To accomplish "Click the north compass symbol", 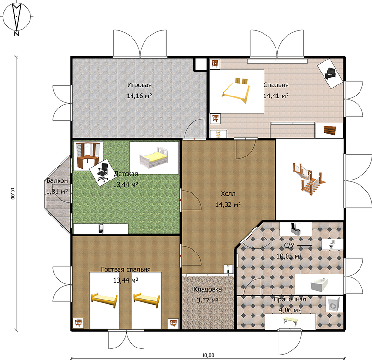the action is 17,18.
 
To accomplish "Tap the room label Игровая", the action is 139,84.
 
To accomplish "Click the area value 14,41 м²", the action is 276,96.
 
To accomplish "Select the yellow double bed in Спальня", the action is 236,91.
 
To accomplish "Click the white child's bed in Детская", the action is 154,157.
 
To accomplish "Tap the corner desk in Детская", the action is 88,156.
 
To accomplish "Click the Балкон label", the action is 57,180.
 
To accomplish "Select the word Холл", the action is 228,194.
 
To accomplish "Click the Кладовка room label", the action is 207,289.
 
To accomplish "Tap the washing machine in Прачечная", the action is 334,304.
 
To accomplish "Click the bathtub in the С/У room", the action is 319,285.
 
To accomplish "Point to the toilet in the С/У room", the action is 332,244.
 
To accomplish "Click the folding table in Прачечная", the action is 290,321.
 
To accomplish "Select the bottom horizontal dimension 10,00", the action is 208,355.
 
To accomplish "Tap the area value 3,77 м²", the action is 207,300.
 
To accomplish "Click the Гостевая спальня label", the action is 126,270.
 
